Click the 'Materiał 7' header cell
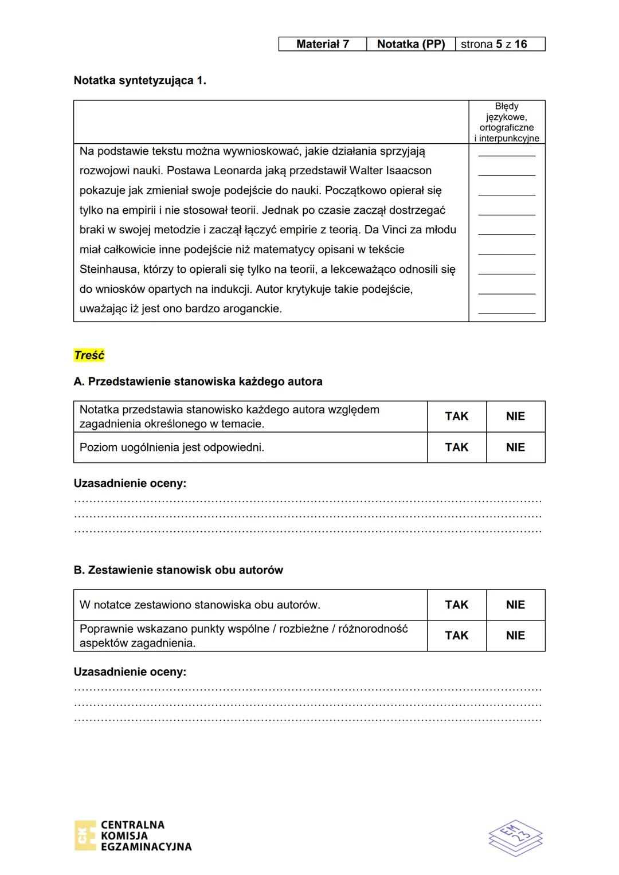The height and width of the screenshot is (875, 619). (x=322, y=44)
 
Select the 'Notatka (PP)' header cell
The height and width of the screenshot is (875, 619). (x=410, y=44)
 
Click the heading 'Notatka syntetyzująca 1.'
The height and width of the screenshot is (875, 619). (x=140, y=80)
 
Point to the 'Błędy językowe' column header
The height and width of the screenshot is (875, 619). (x=506, y=121)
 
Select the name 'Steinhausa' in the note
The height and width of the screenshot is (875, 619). (x=107, y=269)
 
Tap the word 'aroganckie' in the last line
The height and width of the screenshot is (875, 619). (x=253, y=309)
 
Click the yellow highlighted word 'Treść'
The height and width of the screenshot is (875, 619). (x=89, y=355)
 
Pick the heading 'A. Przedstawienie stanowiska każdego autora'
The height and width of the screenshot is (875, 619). (x=198, y=382)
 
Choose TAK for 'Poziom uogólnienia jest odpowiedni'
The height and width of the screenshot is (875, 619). (x=456, y=448)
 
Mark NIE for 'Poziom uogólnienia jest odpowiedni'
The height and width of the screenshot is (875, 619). (x=515, y=448)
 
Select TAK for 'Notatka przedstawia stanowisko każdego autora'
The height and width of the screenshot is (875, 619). (x=456, y=417)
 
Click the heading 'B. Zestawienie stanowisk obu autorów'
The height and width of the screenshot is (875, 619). (x=178, y=570)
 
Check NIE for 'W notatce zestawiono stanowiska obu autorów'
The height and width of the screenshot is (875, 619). (x=515, y=605)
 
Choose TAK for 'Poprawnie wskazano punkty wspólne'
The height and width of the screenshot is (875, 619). (x=456, y=635)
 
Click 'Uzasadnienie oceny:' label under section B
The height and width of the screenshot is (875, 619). (x=130, y=672)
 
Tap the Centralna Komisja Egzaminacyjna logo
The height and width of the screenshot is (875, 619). (x=133, y=835)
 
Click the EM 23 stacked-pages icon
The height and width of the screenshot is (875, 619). (x=515, y=837)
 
